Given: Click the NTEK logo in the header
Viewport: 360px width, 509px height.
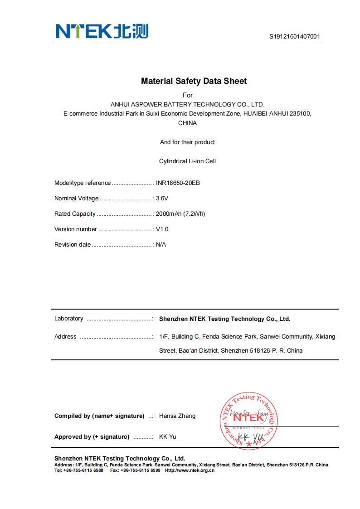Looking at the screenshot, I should (x=102, y=31).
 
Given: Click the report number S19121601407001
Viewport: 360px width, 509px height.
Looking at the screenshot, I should (x=296, y=37).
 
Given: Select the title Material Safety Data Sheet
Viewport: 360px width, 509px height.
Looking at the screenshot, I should (x=194, y=81).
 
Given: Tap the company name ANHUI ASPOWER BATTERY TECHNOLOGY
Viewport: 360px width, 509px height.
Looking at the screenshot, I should (x=187, y=104).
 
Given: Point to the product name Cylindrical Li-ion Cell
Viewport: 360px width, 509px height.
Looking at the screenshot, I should (x=187, y=161).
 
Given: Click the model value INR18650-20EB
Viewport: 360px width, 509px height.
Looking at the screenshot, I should (x=178, y=183).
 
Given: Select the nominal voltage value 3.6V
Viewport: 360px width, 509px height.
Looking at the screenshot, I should (x=162, y=199).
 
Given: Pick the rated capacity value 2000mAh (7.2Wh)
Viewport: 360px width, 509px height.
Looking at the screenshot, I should (x=180, y=214).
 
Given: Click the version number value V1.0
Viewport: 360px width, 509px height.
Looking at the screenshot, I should (x=162, y=229).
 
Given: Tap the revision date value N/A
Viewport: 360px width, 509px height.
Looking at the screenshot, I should (x=161, y=245).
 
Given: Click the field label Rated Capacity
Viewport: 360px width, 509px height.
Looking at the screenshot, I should (x=75, y=214).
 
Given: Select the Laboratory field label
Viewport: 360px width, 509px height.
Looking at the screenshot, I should (x=68, y=319).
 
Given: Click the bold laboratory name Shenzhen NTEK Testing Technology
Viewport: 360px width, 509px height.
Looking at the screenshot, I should (x=224, y=319).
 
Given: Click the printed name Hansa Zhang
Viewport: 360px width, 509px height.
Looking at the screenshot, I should (x=177, y=416).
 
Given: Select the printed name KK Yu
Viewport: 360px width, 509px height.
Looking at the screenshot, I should (x=167, y=437).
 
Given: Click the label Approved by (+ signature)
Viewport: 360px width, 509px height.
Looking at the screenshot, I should (x=92, y=437).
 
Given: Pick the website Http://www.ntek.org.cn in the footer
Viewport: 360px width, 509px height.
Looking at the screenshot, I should (x=190, y=470).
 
